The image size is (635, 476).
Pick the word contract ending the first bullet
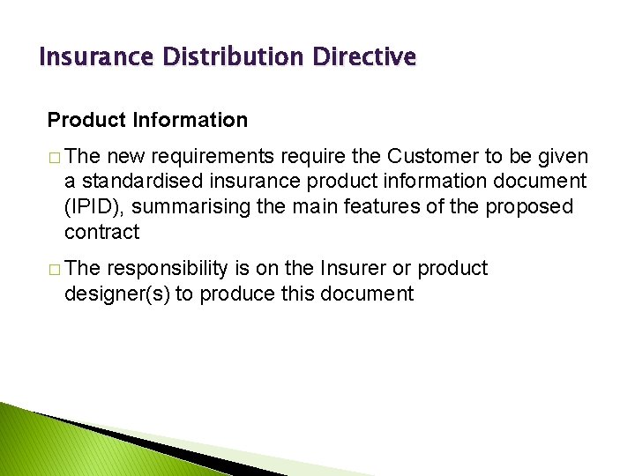click(x=101, y=232)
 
